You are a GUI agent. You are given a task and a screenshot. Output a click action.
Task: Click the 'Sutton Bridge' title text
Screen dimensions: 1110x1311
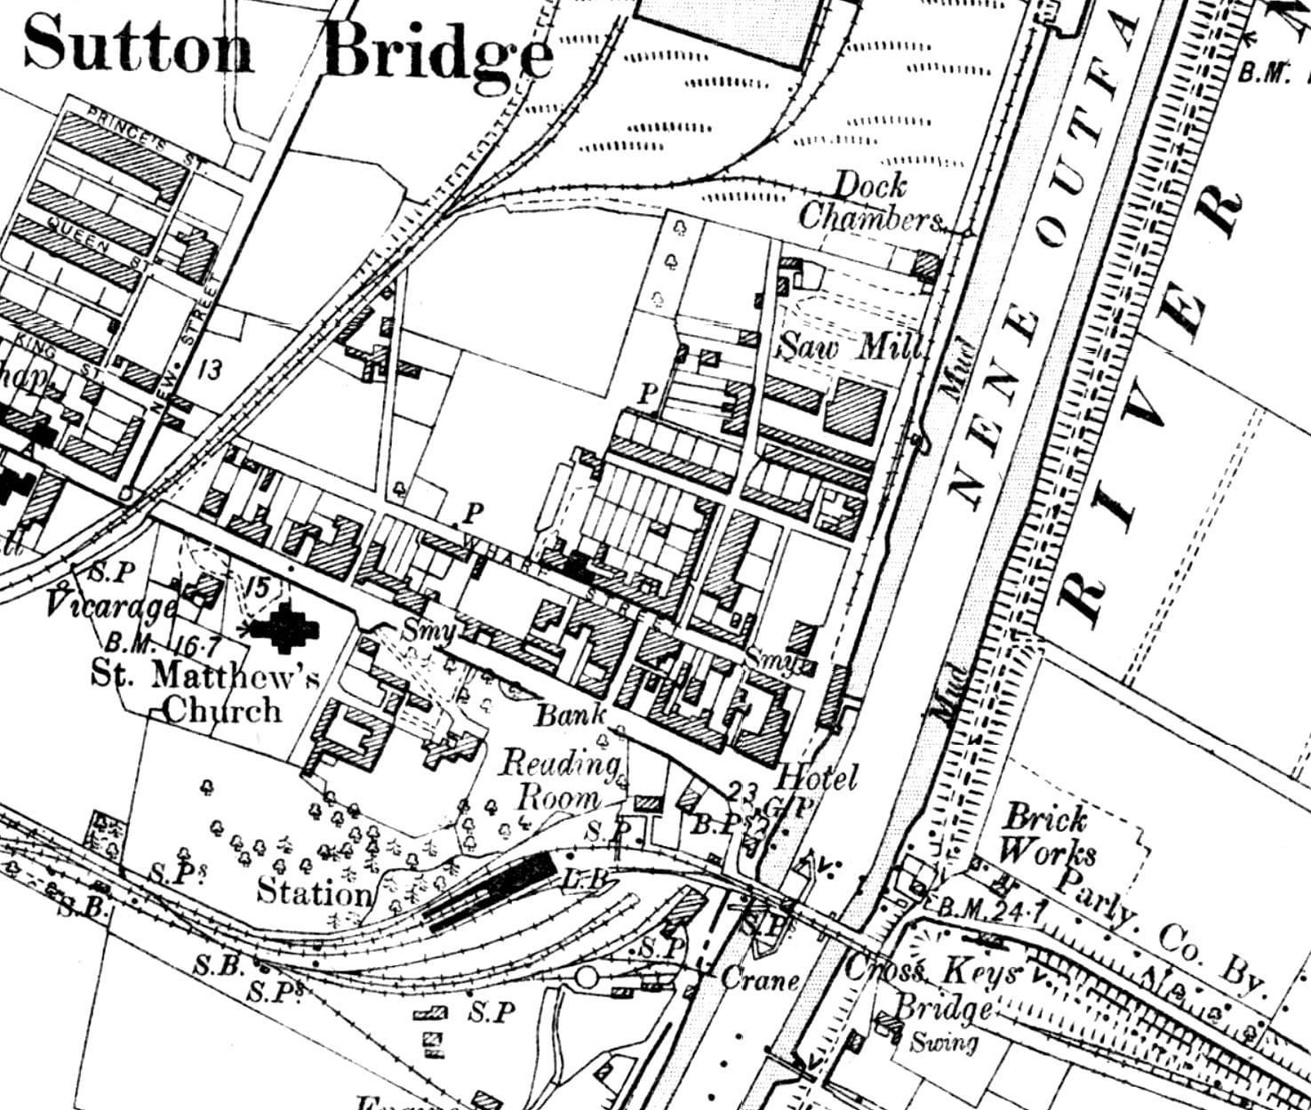click(x=289, y=46)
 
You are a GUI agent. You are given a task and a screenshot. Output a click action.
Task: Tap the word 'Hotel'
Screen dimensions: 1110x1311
click(x=817, y=779)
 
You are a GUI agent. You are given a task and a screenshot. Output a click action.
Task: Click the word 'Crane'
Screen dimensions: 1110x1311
click(x=760, y=980)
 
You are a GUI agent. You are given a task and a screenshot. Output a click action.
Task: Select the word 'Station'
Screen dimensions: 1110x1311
click(x=314, y=890)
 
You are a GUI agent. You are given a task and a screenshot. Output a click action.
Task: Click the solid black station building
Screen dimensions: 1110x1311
click(x=492, y=891)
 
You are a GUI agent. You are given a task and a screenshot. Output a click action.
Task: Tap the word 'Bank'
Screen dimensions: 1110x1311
click(x=572, y=714)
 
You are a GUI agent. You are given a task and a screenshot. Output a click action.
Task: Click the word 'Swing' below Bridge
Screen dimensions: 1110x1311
click(x=944, y=1042)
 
